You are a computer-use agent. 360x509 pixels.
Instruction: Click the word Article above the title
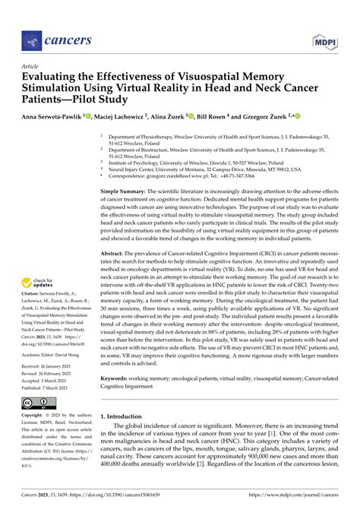[x=33, y=66]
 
